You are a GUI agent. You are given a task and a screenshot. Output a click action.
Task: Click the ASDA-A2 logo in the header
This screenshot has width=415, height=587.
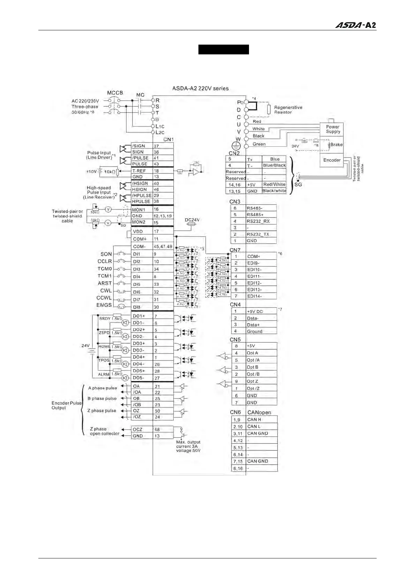[355, 25]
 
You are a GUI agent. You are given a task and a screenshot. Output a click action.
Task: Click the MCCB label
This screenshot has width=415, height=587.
[115, 93]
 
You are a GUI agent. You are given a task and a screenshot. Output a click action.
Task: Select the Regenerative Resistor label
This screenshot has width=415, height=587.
[288, 110]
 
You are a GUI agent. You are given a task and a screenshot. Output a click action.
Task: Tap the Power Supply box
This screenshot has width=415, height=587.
[333, 129]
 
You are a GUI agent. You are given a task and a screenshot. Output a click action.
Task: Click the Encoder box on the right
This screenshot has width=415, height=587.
[332, 160]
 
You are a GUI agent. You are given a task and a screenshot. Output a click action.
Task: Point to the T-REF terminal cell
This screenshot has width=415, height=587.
[142, 171]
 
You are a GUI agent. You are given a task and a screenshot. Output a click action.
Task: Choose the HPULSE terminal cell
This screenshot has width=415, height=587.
[142, 201]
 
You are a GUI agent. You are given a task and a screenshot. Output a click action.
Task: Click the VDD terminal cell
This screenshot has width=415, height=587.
[142, 231]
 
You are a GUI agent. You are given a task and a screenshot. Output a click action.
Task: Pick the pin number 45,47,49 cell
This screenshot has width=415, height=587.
[163, 246]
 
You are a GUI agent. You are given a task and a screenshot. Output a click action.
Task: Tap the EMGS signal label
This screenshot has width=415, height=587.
[104, 305]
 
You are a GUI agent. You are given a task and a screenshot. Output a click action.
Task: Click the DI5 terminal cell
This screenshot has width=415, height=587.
[142, 284]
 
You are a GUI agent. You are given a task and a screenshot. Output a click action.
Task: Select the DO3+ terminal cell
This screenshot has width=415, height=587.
[142, 343]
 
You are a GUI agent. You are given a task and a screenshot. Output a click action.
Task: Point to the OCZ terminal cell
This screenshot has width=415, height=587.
[142, 429]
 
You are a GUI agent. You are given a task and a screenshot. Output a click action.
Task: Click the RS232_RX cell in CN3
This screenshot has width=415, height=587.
[261, 221]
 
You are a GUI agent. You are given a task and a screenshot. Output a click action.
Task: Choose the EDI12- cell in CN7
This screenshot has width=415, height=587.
[261, 283]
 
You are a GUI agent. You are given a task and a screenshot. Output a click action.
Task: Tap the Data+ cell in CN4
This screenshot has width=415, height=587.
[261, 325]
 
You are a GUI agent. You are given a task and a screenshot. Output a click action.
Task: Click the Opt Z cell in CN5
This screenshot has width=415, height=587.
[261, 381]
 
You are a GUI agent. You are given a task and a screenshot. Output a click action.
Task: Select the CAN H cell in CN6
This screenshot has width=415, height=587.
[261, 420]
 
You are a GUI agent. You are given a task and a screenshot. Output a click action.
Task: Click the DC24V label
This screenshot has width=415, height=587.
[192, 220]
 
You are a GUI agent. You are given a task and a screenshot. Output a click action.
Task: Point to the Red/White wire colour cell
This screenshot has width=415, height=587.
[274, 184]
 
